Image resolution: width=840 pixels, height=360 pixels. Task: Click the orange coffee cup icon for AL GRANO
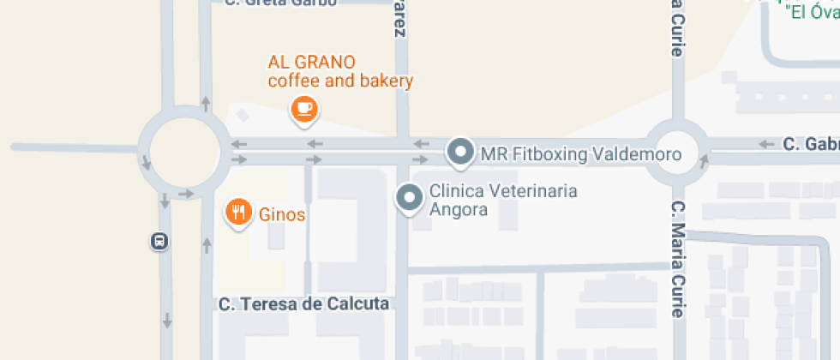click(x=304, y=108)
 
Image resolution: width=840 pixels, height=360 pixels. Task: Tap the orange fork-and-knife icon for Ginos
click(x=237, y=212)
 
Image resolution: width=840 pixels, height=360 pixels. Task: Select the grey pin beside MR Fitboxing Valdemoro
click(x=461, y=153)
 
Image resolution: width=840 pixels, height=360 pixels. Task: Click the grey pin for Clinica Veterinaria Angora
click(x=410, y=198)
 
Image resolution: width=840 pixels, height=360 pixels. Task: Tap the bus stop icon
click(x=159, y=242)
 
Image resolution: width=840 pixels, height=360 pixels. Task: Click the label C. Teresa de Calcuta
click(x=303, y=304)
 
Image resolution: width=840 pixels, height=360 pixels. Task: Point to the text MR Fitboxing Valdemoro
click(x=580, y=154)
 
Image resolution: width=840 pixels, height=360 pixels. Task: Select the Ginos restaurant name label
click(x=282, y=214)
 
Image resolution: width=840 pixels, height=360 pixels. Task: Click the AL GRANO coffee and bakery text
click(x=340, y=72)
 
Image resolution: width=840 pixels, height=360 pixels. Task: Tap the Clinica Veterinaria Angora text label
click(x=502, y=200)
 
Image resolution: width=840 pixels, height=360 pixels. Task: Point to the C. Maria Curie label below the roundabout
click(x=677, y=259)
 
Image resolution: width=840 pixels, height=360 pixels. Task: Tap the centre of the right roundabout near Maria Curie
click(x=676, y=153)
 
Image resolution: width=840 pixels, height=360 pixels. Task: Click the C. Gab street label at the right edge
click(x=810, y=143)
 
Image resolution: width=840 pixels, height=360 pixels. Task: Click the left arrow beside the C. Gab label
click(x=767, y=143)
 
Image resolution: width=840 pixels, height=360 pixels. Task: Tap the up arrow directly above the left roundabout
click(x=206, y=104)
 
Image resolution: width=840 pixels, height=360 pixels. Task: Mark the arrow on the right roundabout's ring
click(x=705, y=159)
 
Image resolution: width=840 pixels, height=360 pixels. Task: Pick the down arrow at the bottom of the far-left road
click(x=166, y=321)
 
